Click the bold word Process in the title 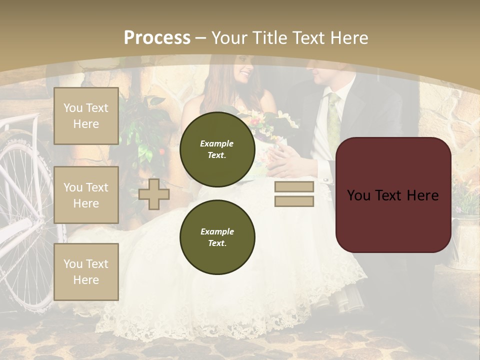coord(157,38)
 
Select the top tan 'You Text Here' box coord(86,116)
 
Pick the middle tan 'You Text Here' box coord(86,195)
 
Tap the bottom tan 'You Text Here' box coord(86,272)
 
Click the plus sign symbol coord(153,194)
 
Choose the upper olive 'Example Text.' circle coord(217,149)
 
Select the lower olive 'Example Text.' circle coord(217,237)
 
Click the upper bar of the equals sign coord(294,187)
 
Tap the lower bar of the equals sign coord(294,201)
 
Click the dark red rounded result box coord(393,195)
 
